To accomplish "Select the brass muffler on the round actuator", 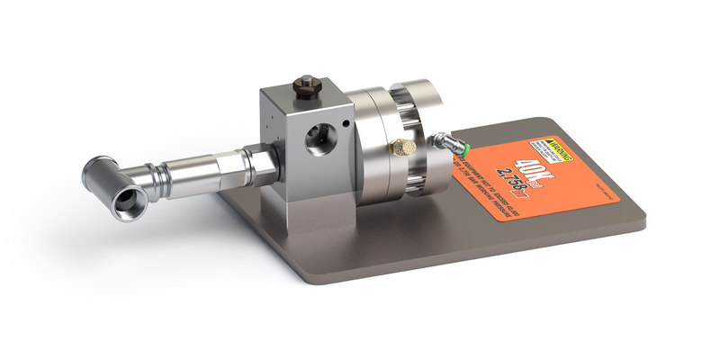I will tap(401, 146).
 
